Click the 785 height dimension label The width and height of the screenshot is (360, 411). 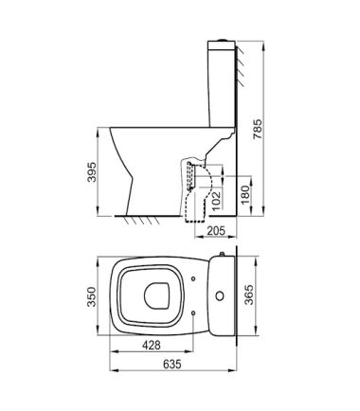click(x=258, y=129)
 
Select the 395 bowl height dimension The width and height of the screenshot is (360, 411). click(x=92, y=172)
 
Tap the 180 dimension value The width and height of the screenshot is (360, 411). click(x=245, y=195)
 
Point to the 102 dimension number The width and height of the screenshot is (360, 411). click(x=215, y=201)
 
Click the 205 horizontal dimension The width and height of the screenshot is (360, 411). click(x=216, y=231)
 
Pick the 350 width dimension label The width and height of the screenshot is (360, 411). click(x=92, y=296)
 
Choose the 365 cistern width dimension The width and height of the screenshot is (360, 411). click(x=249, y=295)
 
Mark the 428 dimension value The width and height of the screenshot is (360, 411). click(x=152, y=345)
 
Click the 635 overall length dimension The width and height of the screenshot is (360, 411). click(x=172, y=364)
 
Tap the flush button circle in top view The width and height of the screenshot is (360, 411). click(x=220, y=295)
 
